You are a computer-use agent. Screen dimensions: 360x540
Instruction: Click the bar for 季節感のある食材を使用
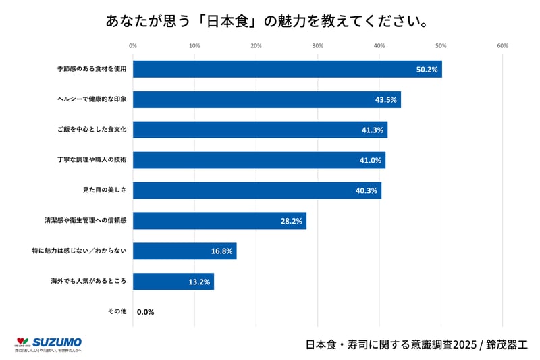[x=287, y=69]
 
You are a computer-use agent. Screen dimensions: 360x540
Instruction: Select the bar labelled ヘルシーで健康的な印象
[x=267, y=99]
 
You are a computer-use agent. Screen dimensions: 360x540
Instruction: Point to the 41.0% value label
[x=369, y=160]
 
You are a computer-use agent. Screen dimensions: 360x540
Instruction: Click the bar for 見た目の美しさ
[x=256, y=190]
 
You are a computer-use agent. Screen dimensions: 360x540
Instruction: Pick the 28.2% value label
[x=292, y=221]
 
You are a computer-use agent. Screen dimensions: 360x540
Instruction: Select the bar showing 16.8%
[x=184, y=251]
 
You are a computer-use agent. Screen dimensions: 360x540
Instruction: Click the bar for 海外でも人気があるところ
[x=173, y=282]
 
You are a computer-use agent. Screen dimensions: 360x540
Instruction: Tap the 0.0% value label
[x=146, y=312]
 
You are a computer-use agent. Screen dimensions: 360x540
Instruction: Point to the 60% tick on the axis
[x=502, y=46]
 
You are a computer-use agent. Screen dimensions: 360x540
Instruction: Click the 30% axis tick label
[x=318, y=46]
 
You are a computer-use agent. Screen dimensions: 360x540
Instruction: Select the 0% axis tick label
[x=133, y=46]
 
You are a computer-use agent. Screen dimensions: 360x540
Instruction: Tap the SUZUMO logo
[x=48, y=344]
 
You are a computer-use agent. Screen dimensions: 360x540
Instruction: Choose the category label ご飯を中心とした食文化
[x=92, y=130]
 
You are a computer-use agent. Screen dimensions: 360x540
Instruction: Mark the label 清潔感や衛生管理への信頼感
[x=86, y=221]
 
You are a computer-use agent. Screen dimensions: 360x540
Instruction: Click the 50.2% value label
[x=427, y=69]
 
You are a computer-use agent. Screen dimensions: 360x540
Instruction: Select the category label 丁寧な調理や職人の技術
[x=92, y=160]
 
